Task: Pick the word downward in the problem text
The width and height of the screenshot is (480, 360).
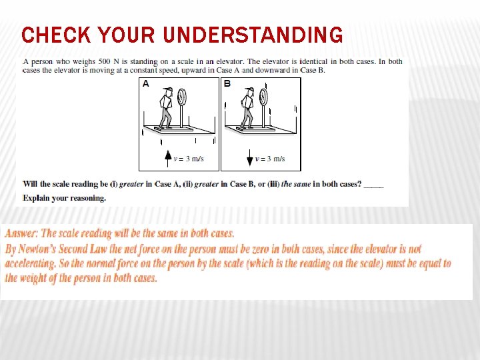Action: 278,70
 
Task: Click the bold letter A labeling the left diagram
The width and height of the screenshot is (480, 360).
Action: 145,84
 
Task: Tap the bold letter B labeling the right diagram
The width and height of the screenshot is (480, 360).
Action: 227,84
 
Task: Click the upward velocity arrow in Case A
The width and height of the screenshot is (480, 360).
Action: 168,158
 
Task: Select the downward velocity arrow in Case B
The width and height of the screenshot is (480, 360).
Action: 249,158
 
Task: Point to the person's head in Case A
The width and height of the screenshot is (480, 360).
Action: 167,91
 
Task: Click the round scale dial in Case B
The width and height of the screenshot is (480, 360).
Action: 263,97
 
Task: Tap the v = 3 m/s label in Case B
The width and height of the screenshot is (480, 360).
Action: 270,159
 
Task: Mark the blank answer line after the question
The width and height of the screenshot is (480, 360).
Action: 374,185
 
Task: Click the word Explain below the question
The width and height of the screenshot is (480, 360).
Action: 36,198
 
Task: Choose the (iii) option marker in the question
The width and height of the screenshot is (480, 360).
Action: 273,184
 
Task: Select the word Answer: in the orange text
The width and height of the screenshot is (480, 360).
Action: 22,233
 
